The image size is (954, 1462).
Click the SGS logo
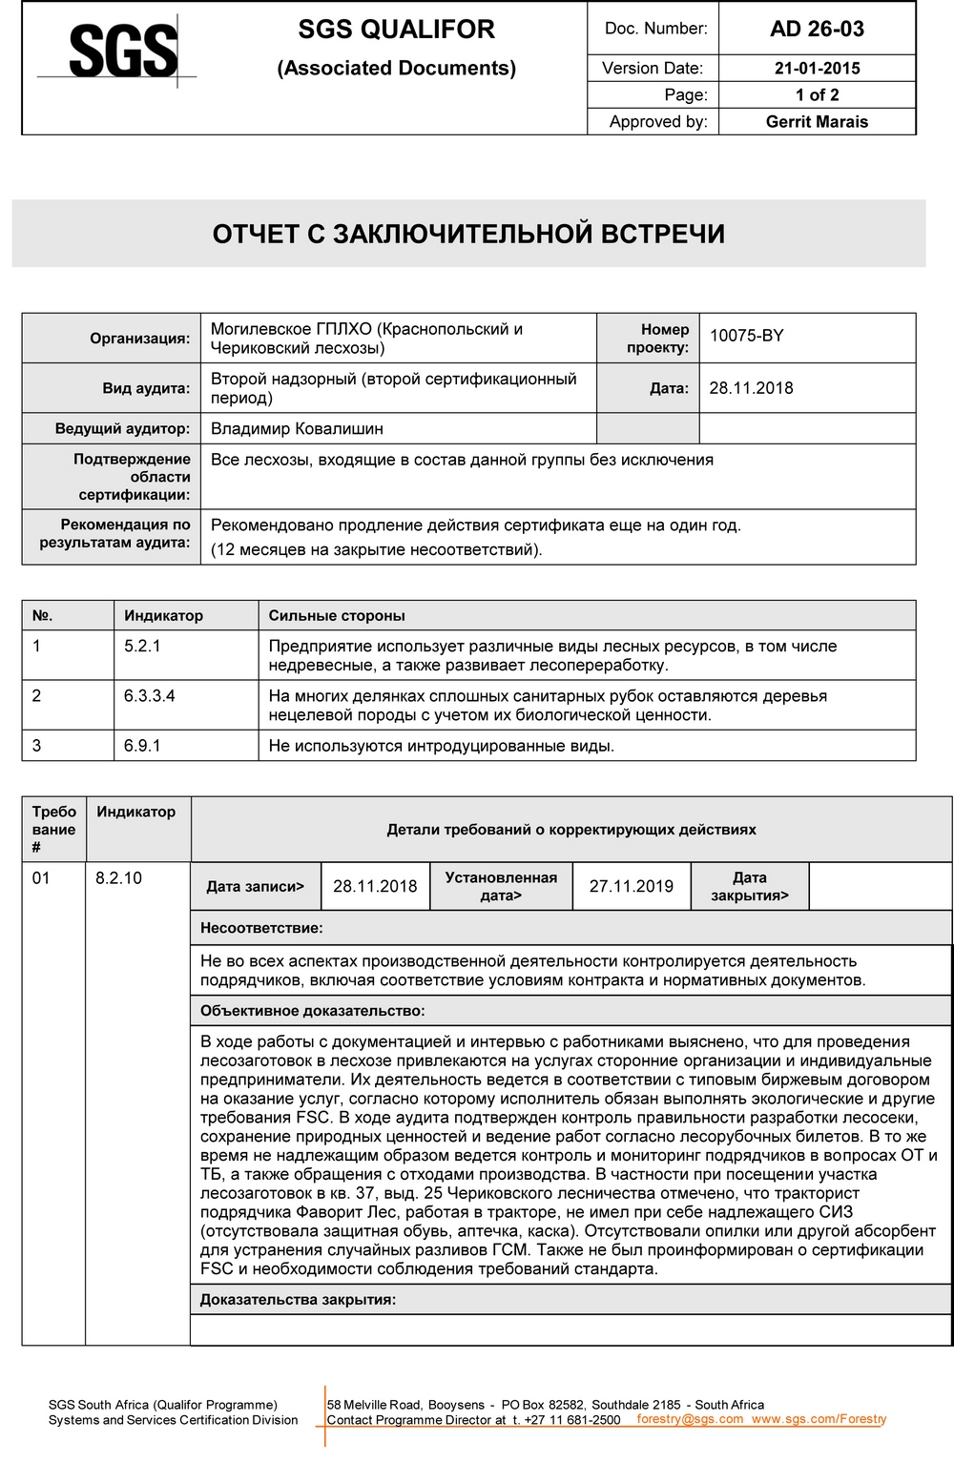click(x=122, y=51)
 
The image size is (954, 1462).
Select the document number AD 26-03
click(x=817, y=29)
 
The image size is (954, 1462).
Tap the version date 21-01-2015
click(x=817, y=69)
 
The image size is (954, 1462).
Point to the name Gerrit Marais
click(x=817, y=122)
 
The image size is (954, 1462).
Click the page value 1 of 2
click(x=817, y=95)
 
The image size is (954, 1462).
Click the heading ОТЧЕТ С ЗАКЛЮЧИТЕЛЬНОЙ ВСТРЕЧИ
click(x=468, y=235)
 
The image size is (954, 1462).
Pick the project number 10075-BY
click(x=746, y=336)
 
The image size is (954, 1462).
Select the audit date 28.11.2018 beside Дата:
click(x=751, y=388)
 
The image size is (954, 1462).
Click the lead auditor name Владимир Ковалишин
click(x=297, y=429)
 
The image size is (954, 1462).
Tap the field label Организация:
click(x=140, y=339)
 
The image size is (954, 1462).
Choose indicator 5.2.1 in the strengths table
click(x=142, y=647)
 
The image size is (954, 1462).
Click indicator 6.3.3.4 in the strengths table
click(x=149, y=696)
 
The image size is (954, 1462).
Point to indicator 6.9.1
click(x=142, y=746)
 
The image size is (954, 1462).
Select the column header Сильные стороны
click(x=337, y=616)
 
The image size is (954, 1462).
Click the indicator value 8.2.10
click(x=118, y=878)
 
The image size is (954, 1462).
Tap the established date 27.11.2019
click(x=631, y=887)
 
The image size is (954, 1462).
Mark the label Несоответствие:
click(x=261, y=928)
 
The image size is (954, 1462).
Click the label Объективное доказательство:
click(x=312, y=1011)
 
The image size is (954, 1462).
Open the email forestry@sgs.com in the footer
click(x=690, y=1419)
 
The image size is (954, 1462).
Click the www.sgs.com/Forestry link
click(x=819, y=1419)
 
